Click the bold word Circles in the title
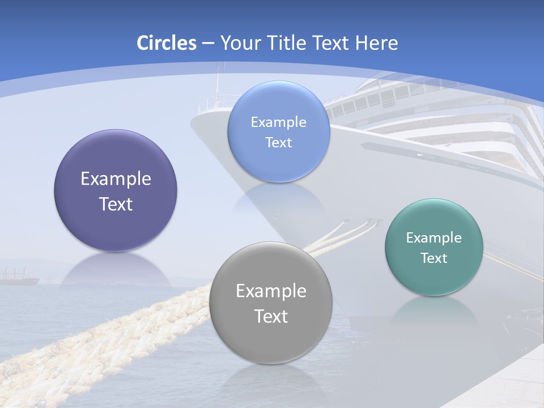point(166,43)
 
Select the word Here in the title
point(377,43)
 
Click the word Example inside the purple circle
point(116,179)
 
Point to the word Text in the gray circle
point(270,316)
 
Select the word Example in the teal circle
point(433,238)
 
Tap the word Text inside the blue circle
point(278,143)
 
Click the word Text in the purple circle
point(116,204)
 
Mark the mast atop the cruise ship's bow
point(217,85)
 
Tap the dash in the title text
point(207,44)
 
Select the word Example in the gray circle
point(270,291)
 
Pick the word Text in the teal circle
point(433,258)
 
